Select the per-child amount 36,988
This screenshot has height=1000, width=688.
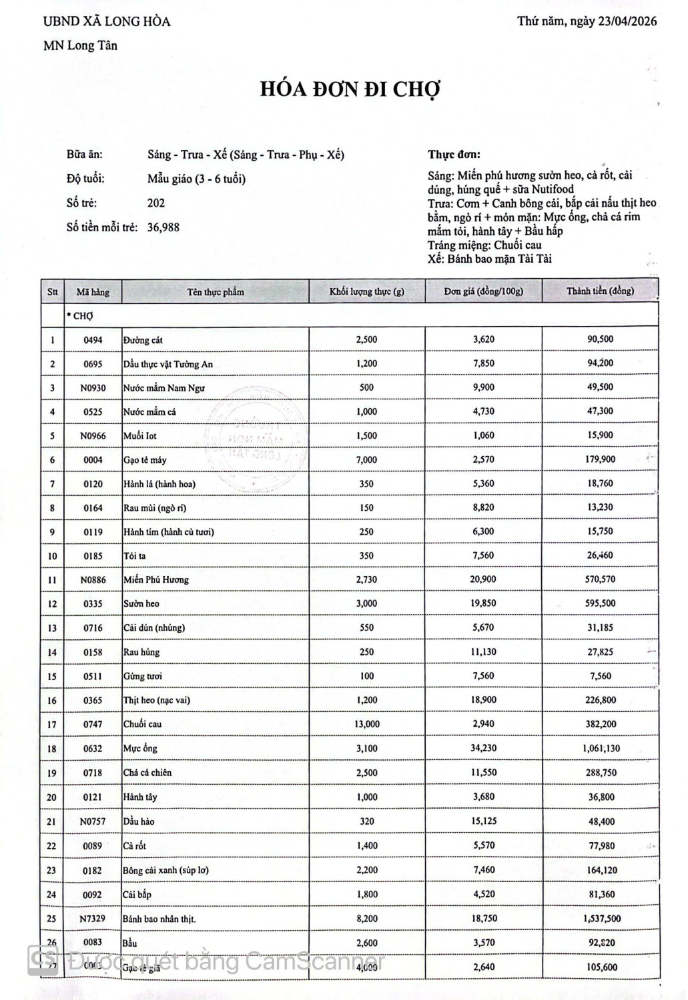point(163,227)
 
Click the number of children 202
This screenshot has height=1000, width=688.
point(156,203)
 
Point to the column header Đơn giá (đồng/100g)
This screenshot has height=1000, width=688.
point(483,291)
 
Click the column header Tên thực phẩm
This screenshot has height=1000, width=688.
point(215,292)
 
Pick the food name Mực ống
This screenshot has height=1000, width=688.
point(140,749)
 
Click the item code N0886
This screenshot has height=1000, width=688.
point(93,580)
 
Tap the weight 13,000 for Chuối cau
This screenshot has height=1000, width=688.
point(366,724)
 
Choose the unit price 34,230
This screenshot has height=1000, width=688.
point(483,748)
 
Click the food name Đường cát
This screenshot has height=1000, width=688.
point(143,340)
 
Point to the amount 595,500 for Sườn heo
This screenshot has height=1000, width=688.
point(600,603)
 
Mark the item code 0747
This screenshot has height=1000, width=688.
point(93,725)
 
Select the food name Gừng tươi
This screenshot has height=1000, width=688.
point(143,676)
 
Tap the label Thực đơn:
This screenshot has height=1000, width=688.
point(454,155)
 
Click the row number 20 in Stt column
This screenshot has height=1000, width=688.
point(52,797)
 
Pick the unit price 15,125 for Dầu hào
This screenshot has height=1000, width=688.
point(483,821)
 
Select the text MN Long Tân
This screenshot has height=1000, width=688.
point(80,46)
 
